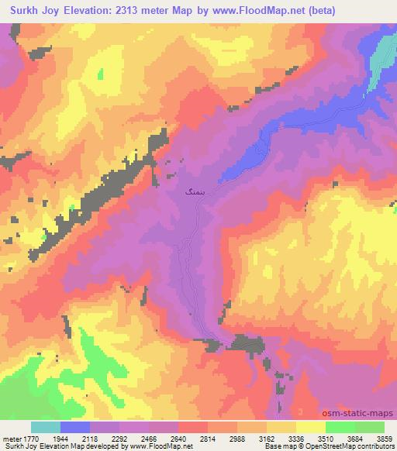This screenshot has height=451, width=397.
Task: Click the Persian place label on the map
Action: (194, 188)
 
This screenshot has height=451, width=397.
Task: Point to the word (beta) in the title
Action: (366, 11)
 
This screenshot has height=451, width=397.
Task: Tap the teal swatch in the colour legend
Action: (46, 427)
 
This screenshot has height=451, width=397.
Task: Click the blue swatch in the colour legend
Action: (75, 427)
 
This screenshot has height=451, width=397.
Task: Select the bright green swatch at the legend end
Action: (370, 427)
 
